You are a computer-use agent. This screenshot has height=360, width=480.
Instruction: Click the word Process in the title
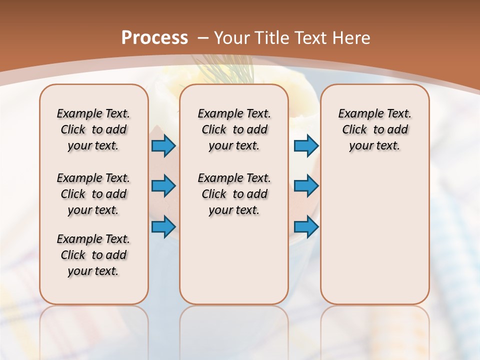[154, 38]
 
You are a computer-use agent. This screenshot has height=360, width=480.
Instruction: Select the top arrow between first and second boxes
[163, 145]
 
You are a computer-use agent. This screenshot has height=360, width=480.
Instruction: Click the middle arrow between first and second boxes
[163, 186]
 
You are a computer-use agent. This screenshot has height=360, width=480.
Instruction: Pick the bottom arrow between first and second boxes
[163, 226]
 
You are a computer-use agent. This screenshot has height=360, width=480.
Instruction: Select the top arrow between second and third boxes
[306, 145]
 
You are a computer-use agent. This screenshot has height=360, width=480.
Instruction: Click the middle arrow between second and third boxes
[306, 186]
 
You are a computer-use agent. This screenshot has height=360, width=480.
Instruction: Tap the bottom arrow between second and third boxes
[306, 226]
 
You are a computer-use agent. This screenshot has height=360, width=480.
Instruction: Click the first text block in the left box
[93, 129]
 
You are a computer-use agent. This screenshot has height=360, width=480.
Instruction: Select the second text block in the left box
[93, 194]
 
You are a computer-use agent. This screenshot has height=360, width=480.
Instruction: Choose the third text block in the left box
[93, 255]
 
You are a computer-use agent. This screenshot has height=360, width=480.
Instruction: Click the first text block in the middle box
[234, 129]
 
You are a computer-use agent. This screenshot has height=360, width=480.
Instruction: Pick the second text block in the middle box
[234, 194]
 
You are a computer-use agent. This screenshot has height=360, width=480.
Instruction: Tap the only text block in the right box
[374, 129]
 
